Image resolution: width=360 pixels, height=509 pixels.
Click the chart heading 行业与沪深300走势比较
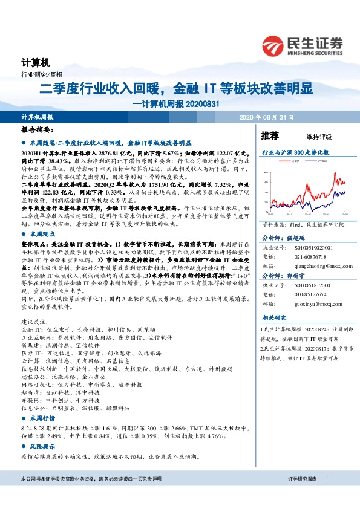[286, 153]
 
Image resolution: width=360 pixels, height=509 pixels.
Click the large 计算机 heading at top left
[31, 63]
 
